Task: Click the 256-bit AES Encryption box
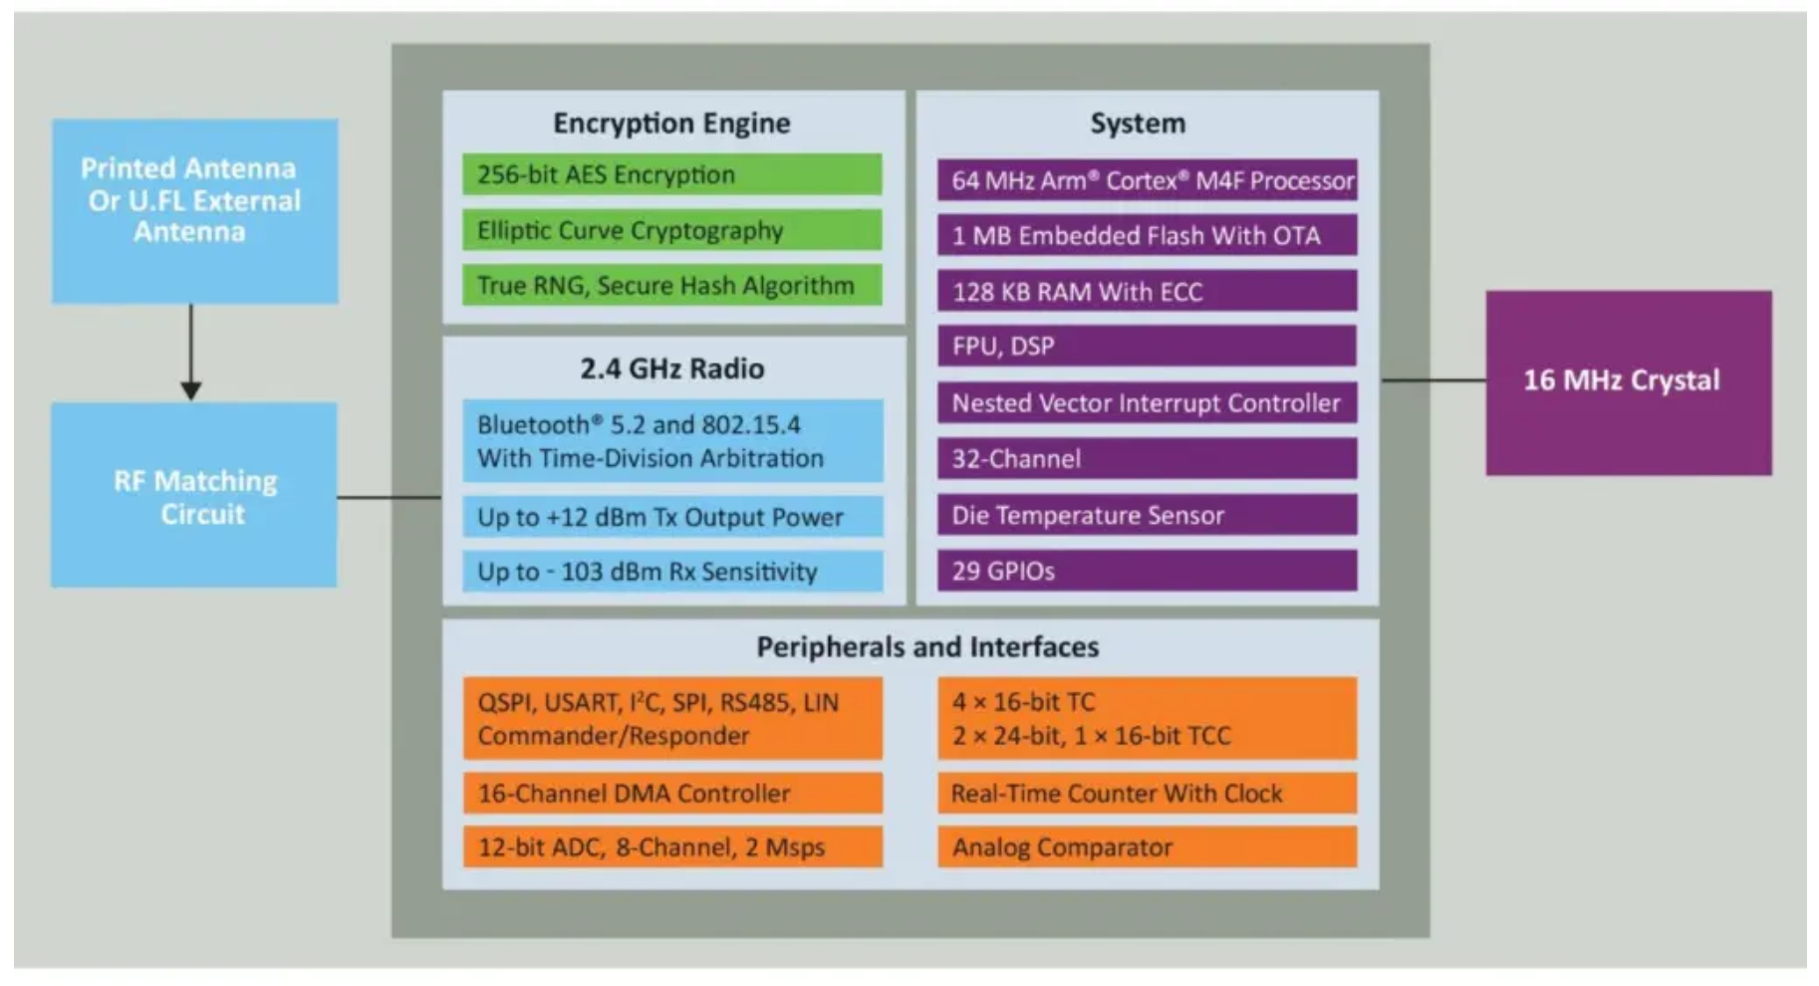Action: coord(671,174)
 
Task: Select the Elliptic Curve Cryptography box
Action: coord(671,230)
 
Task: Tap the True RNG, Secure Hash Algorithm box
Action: coord(671,286)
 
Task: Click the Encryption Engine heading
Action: coord(671,123)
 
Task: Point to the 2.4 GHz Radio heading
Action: coord(671,369)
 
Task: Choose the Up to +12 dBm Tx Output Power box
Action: coord(671,517)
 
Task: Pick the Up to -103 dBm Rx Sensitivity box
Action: coord(671,572)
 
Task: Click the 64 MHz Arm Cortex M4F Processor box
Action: coord(1147,180)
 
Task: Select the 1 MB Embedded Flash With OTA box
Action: coord(1147,235)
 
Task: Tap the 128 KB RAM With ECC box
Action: coord(1147,291)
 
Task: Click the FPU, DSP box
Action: coord(1147,346)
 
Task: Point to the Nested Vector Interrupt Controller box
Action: coord(1147,402)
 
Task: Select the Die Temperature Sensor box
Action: coord(1147,515)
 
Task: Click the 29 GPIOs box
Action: coord(1147,571)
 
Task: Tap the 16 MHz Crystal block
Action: coord(1628,381)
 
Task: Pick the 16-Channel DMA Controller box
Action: coord(671,793)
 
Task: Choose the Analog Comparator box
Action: coord(1147,847)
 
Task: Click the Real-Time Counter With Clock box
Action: coord(1147,793)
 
